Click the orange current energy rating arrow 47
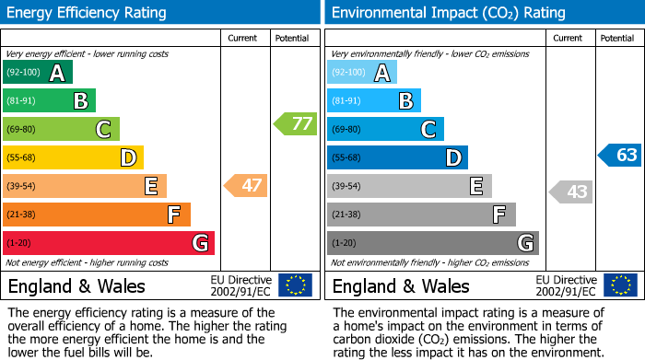pyautogui.click(x=246, y=186)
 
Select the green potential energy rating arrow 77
pyautogui.click(x=295, y=123)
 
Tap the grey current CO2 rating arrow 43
pyautogui.click(x=571, y=192)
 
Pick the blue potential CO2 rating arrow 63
pyautogui.click(x=619, y=155)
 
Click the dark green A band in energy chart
pyautogui.click(x=38, y=73)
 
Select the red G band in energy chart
pyautogui.click(x=109, y=243)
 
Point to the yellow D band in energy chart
pyautogui.click(x=74, y=158)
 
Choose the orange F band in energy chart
pyautogui.click(x=97, y=215)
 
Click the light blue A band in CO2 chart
pyautogui.click(x=362, y=73)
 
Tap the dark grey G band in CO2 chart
pyautogui.click(x=432, y=243)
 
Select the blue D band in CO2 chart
pyautogui.click(x=397, y=158)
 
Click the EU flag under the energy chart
pyautogui.click(x=295, y=285)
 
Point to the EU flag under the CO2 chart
pyautogui.click(x=620, y=285)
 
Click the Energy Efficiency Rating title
pyautogui.click(x=88, y=13)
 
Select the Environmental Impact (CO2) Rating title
pyautogui.click(x=448, y=13)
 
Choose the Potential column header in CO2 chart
pyautogui.click(x=617, y=38)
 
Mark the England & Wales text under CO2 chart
pyautogui.click(x=401, y=285)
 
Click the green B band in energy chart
pyautogui.click(x=50, y=101)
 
